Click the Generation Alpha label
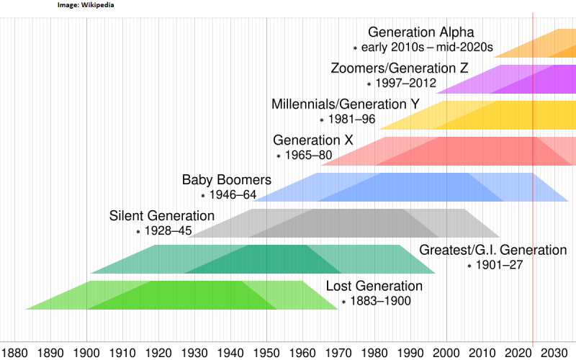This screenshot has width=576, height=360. (x=421, y=32)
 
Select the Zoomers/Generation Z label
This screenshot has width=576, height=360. (x=400, y=68)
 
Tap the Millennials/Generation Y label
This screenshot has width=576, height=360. (x=345, y=104)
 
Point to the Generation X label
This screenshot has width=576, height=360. (x=313, y=140)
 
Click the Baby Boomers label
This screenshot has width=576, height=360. (x=226, y=180)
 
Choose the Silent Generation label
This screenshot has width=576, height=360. (x=162, y=216)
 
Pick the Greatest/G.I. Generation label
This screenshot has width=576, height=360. (x=493, y=251)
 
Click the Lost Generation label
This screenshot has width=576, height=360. (x=374, y=287)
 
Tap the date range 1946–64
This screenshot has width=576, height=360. (x=233, y=195)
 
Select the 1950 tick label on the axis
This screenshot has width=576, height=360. (x=266, y=353)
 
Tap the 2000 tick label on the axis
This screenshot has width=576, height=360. (x=446, y=353)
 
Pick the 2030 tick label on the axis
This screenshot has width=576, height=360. (x=554, y=353)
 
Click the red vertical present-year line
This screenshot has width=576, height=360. (x=533, y=216)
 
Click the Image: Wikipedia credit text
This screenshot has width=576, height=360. (x=85, y=5)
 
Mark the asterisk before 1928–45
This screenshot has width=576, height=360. (x=138, y=232)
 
